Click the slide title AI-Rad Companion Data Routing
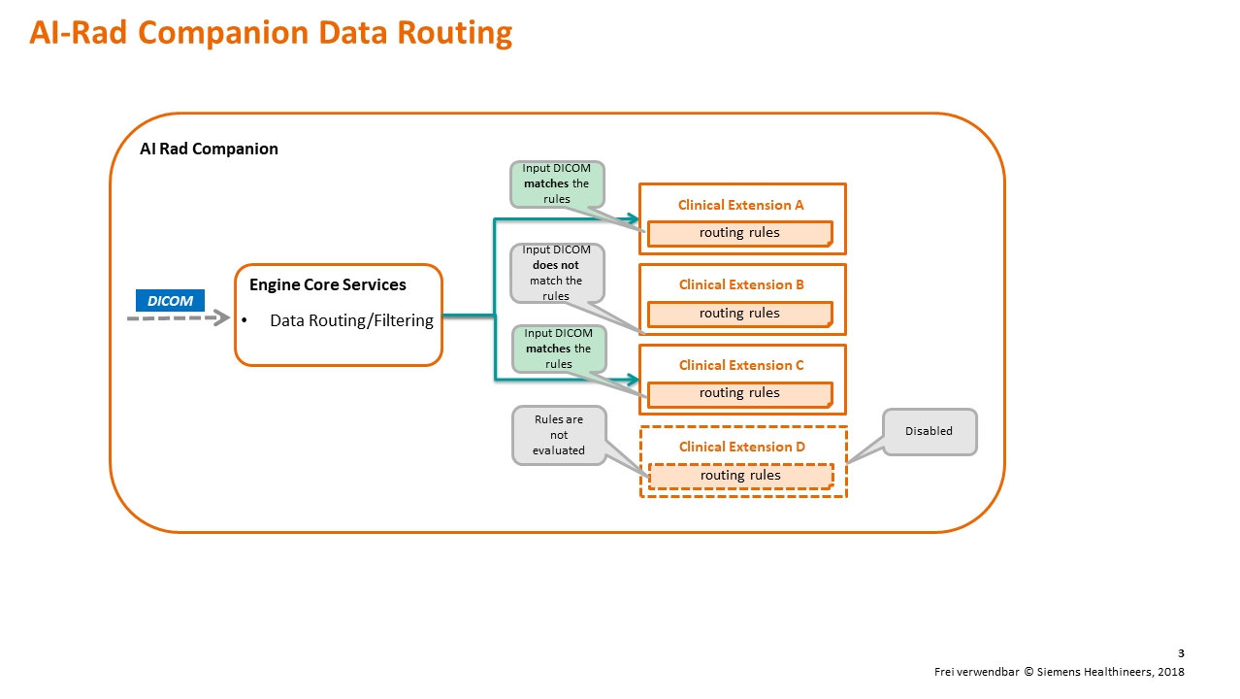pos(271,33)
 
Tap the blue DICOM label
pos(170,301)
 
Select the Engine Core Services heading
pos(327,285)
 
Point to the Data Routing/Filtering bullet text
pos(351,320)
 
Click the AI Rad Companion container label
pos(209,149)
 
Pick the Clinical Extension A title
pos(741,205)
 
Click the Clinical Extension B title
pos(741,284)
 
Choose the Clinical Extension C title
pos(741,365)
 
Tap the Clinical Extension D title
pos(741,447)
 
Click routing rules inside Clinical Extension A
pos(739,233)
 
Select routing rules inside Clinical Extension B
pos(739,314)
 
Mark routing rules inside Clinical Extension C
pos(739,393)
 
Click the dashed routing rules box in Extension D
pos(740,476)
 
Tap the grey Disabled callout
pos(929,431)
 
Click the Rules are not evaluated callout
pos(558,435)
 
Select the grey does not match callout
pos(556,273)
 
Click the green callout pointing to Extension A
pos(556,183)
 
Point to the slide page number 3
pos(1180,653)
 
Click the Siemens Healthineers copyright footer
pos(1059,672)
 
